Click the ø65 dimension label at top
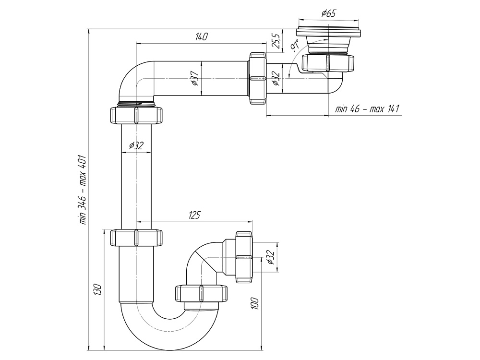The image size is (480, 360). tap(328, 13)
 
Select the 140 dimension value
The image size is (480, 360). tap(202, 37)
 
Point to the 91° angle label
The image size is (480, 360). tap(295, 47)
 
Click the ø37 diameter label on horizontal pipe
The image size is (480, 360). tap(194, 78)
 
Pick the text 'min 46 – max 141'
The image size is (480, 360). tap(367, 109)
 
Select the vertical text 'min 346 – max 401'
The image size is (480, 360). tap(83, 189)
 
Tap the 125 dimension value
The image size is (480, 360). tap(194, 215)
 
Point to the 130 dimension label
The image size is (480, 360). tap(97, 289)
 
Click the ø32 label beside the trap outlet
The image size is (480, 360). tap(270, 258)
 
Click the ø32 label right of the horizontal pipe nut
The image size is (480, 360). tap(276, 78)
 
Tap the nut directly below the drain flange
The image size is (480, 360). tap(328, 63)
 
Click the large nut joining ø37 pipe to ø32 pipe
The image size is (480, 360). tap(257, 77)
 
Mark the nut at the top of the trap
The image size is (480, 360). tap(137, 238)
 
